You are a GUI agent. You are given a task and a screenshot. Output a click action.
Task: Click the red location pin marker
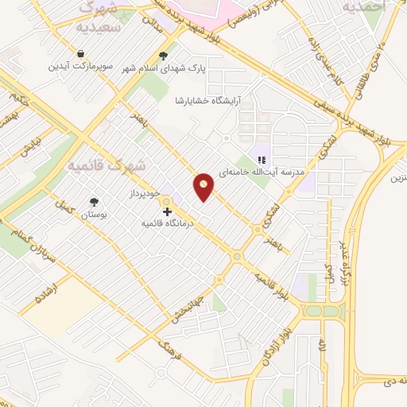(204, 188)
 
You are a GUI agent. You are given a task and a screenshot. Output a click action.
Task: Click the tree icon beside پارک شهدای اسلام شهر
(163, 56)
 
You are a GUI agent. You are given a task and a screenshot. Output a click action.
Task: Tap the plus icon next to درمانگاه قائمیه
(167, 212)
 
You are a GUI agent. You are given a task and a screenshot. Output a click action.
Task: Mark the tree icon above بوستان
(95, 202)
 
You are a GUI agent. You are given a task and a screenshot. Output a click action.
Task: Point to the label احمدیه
(364, 6)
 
